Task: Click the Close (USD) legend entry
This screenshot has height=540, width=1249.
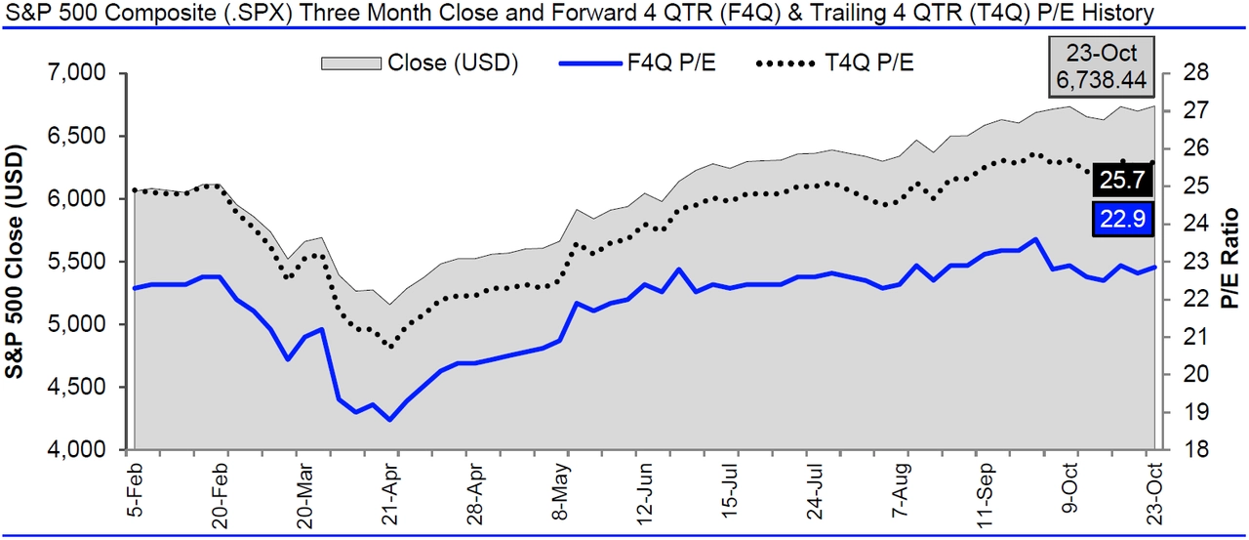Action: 421,62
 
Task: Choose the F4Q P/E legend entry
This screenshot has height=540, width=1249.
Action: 633,62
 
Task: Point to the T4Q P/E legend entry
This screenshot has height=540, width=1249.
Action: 836,62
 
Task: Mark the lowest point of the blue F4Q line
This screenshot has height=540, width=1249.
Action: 390,420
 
